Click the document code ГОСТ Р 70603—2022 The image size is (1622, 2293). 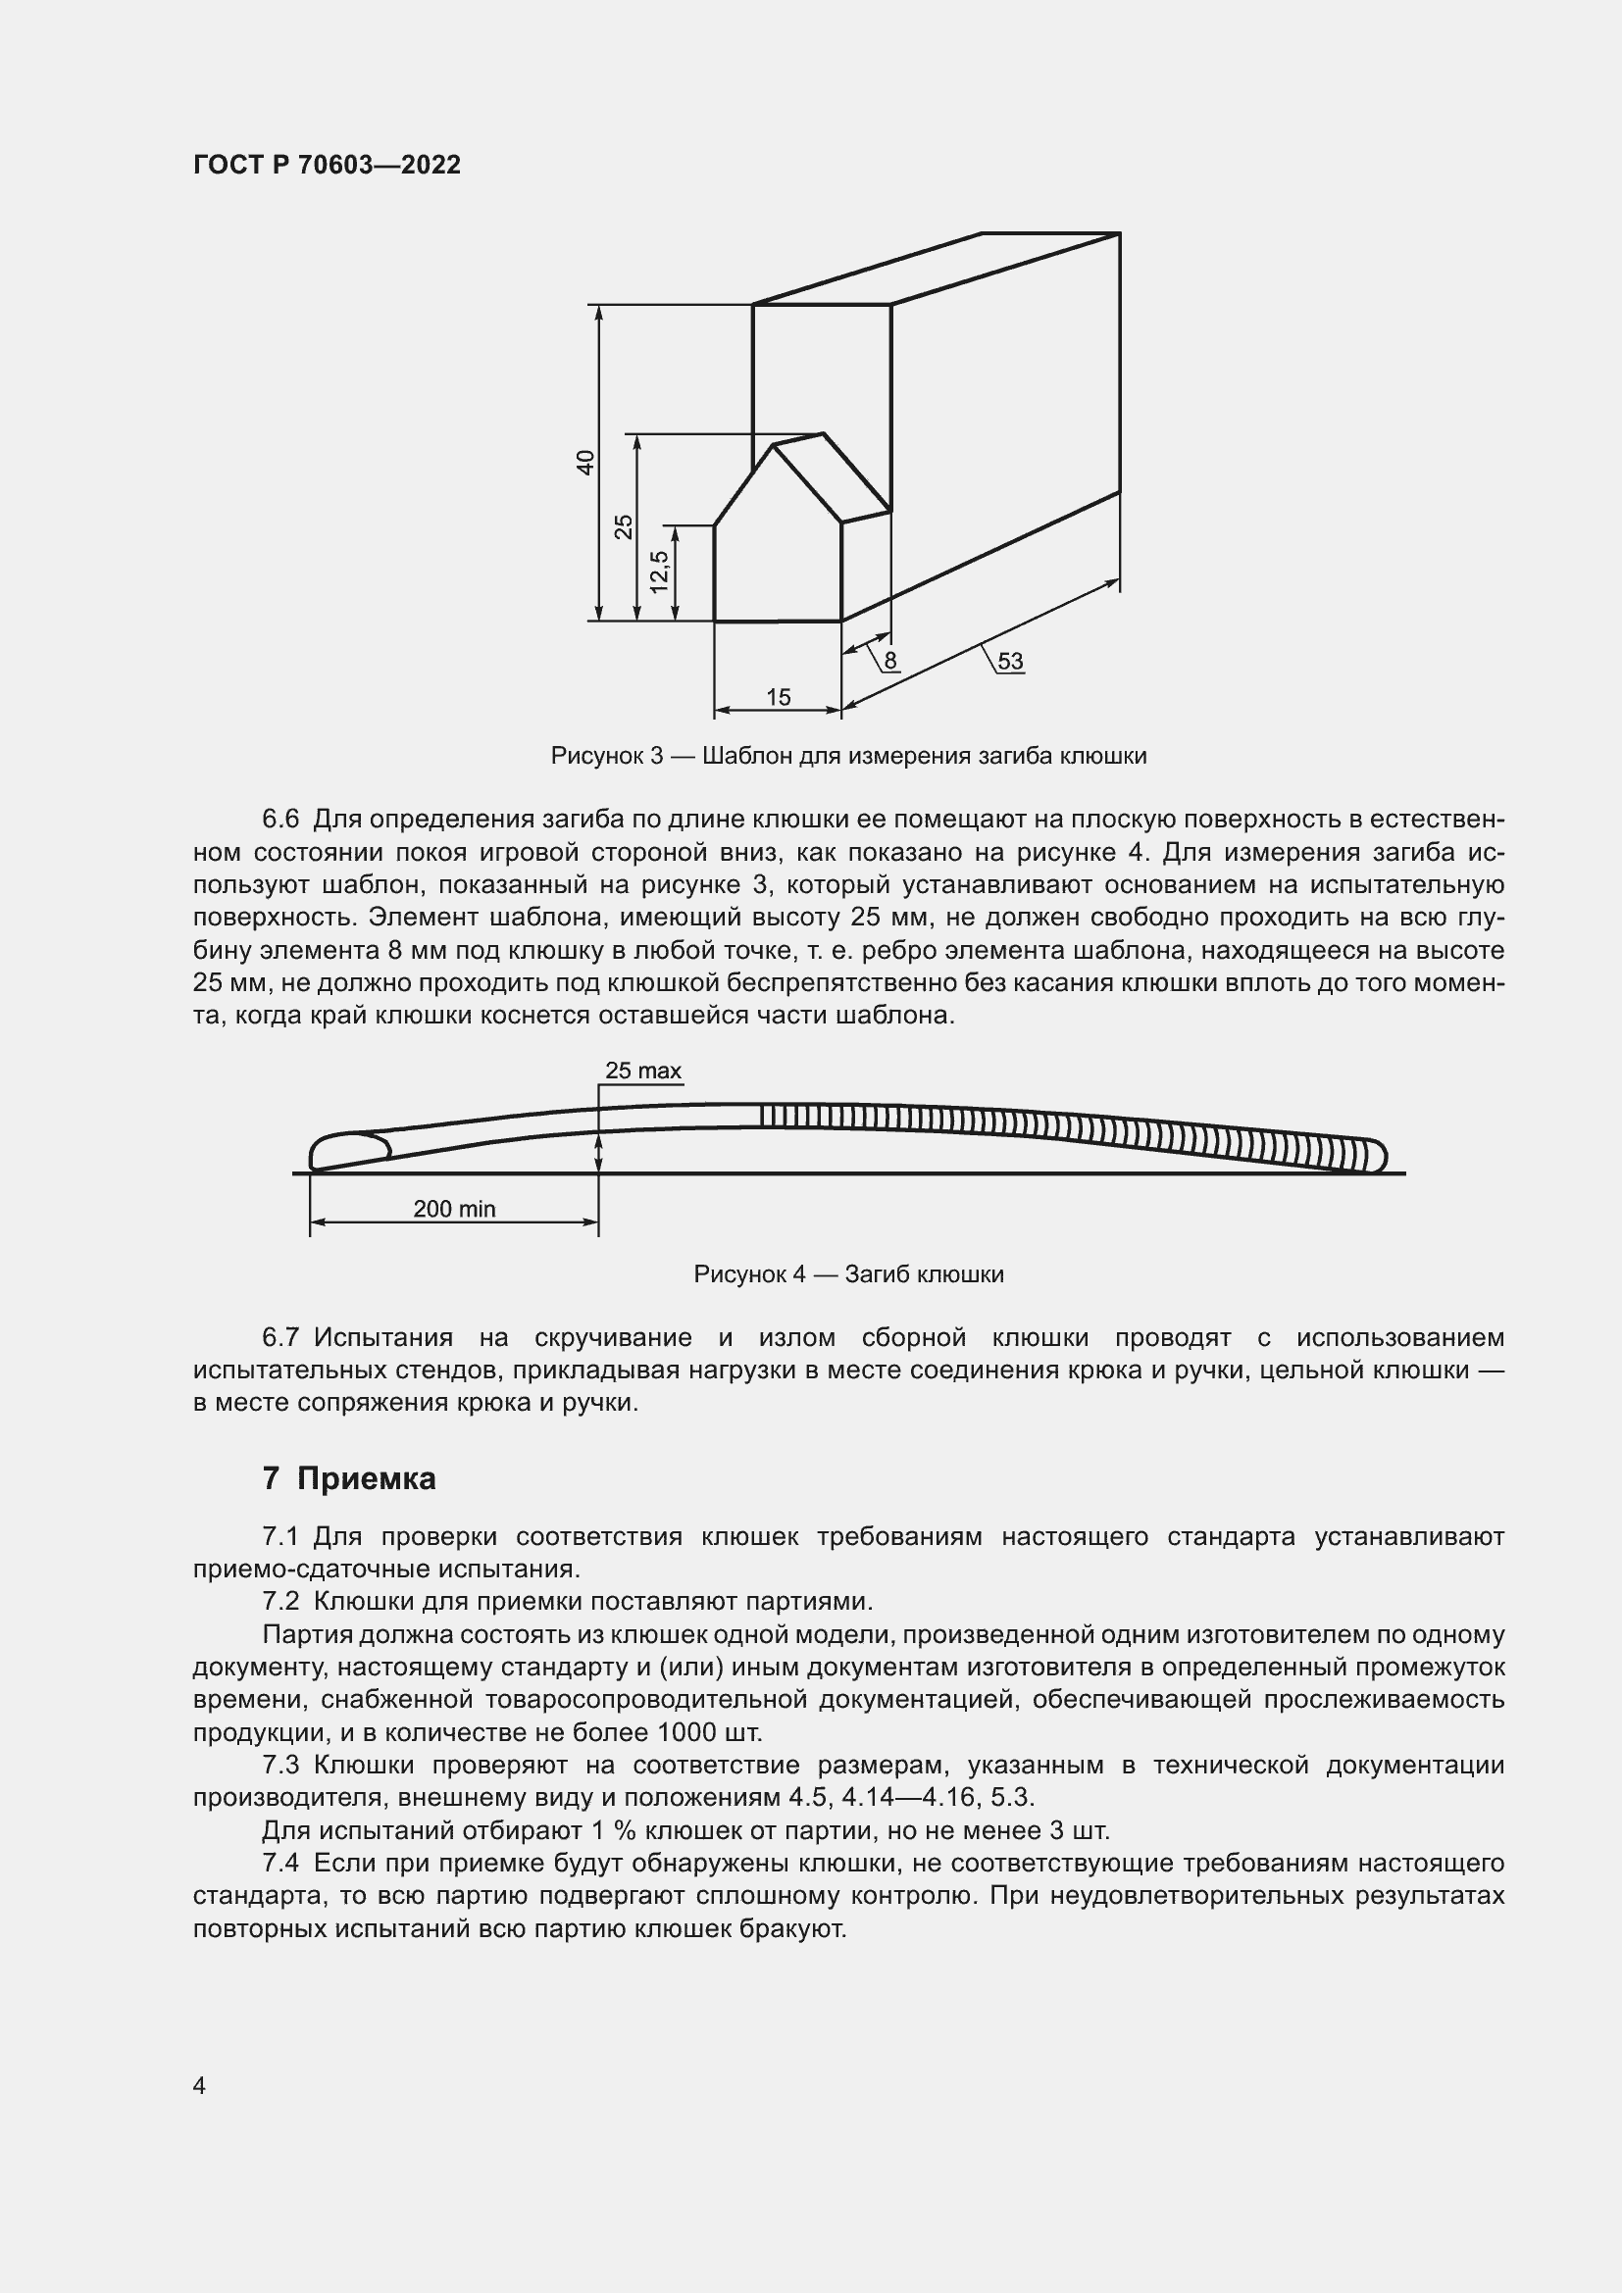tap(327, 166)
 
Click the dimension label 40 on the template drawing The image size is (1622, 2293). tap(586, 463)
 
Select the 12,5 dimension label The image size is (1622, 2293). tap(659, 573)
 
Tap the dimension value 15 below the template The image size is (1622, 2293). tap(778, 698)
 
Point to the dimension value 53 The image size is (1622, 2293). tap(1010, 661)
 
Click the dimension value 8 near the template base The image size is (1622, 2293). tap(889, 660)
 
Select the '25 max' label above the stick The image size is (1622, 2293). tap(643, 1071)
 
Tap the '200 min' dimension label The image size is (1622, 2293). tap(454, 1209)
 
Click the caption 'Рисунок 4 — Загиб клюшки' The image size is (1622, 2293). tap(848, 1274)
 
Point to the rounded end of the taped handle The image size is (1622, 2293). tap(1378, 1156)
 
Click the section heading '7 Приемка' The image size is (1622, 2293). tap(348, 1478)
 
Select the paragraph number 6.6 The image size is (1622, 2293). tap(279, 820)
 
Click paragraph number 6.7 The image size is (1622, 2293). tap(279, 1337)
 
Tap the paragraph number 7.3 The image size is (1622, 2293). tap(279, 1765)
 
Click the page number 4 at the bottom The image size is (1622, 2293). tap(199, 2086)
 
